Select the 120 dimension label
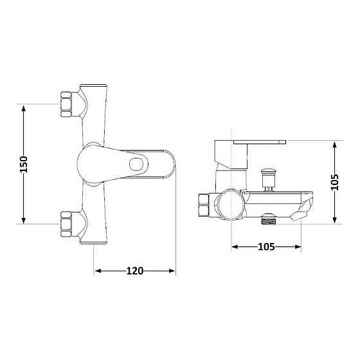[134, 271]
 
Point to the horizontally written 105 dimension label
[266, 247]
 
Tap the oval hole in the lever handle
[136, 164]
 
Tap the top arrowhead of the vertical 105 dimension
[334, 144]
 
